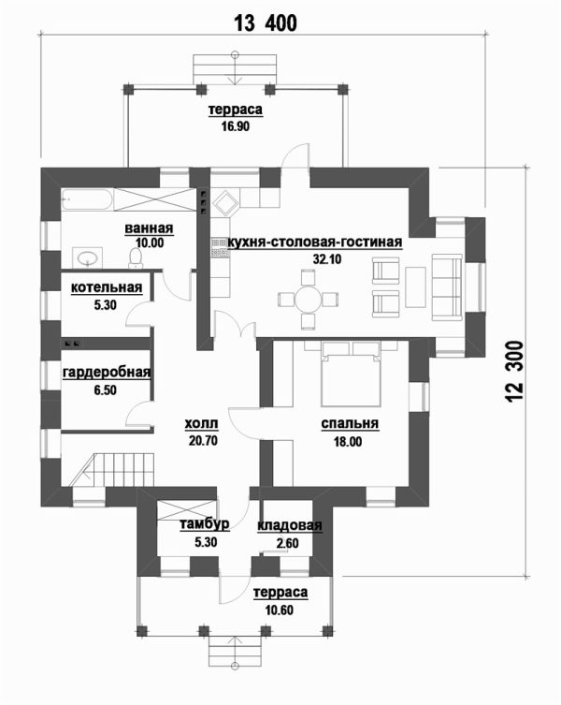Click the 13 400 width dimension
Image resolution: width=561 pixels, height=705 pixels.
pyautogui.click(x=266, y=22)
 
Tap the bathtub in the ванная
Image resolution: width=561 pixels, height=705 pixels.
pyautogui.click(x=87, y=199)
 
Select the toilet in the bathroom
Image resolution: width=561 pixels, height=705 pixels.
pyautogui.click(x=136, y=257)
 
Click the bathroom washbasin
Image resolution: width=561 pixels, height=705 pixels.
pyautogui.click(x=87, y=257)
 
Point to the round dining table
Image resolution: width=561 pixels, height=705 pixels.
pyautogui.click(x=308, y=299)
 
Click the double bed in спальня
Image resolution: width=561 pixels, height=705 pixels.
pyautogui.click(x=351, y=375)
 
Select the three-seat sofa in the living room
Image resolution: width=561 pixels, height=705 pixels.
pyautogui.click(x=447, y=287)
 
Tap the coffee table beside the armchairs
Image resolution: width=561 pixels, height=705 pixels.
pyautogui.click(x=415, y=287)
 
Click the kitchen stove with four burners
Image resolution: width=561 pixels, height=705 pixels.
pyautogui.click(x=221, y=248)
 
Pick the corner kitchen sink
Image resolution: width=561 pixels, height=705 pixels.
pyautogui.click(x=225, y=202)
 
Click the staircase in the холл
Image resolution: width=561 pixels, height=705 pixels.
pyautogui.click(x=113, y=470)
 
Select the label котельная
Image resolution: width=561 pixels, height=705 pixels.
pyautogui.click(x=107, y=287)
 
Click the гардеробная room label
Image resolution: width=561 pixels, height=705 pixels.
pyautogui.click(x=107, y=373)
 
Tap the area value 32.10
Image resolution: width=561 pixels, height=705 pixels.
pyautogui.click(x=327, y=259)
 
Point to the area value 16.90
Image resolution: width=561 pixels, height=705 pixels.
pyautogui.click(x=235, y=126)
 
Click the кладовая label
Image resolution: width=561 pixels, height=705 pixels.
pyautogui.click(x=290, y=526)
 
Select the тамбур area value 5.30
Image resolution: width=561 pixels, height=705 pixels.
pyautogui.click(x=206, y=542)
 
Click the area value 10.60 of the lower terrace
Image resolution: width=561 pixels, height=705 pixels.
pyautogui.click(x=280, y=610)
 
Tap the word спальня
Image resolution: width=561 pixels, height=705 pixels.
pyautogui.click(x=350, y=423)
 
